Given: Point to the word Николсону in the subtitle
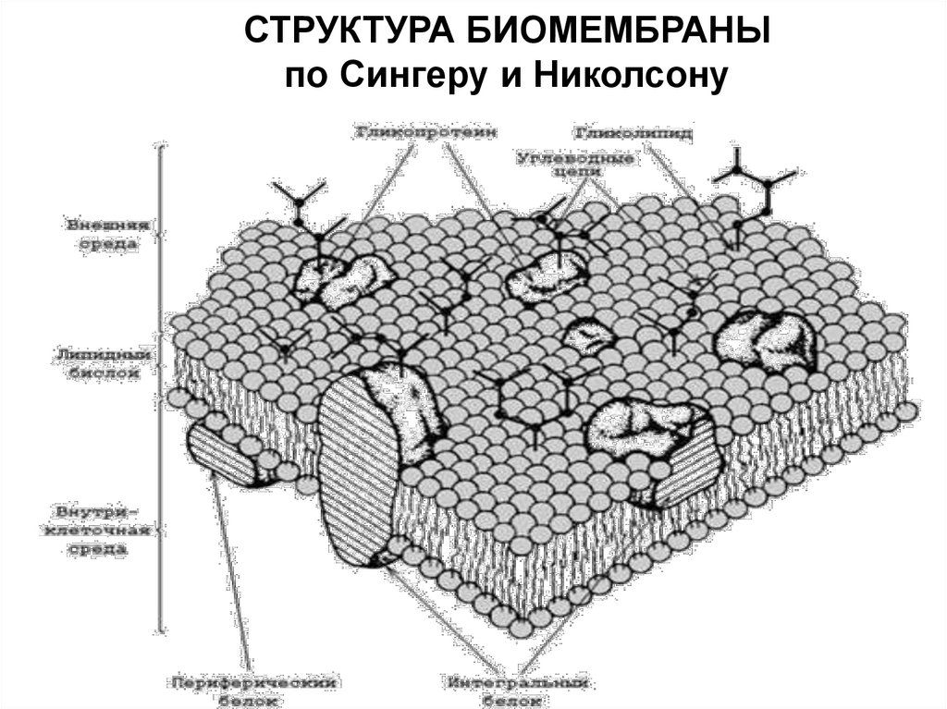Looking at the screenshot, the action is pyautogui.click(x=617, y=75).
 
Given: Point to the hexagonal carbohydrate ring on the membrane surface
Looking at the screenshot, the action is pyautogui.click(x=531, y=395).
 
